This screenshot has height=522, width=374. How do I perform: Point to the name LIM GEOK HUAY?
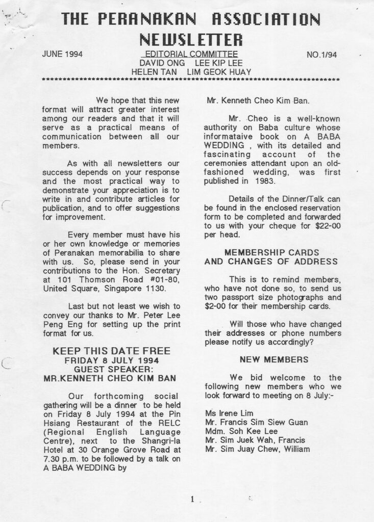click(x=220, y=72)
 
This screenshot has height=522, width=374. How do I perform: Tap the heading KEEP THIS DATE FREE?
click(x=112, y=351)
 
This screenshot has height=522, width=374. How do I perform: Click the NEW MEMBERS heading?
click(x=274, y=359)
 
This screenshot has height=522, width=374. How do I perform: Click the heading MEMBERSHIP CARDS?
click(x=271, y=252)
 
